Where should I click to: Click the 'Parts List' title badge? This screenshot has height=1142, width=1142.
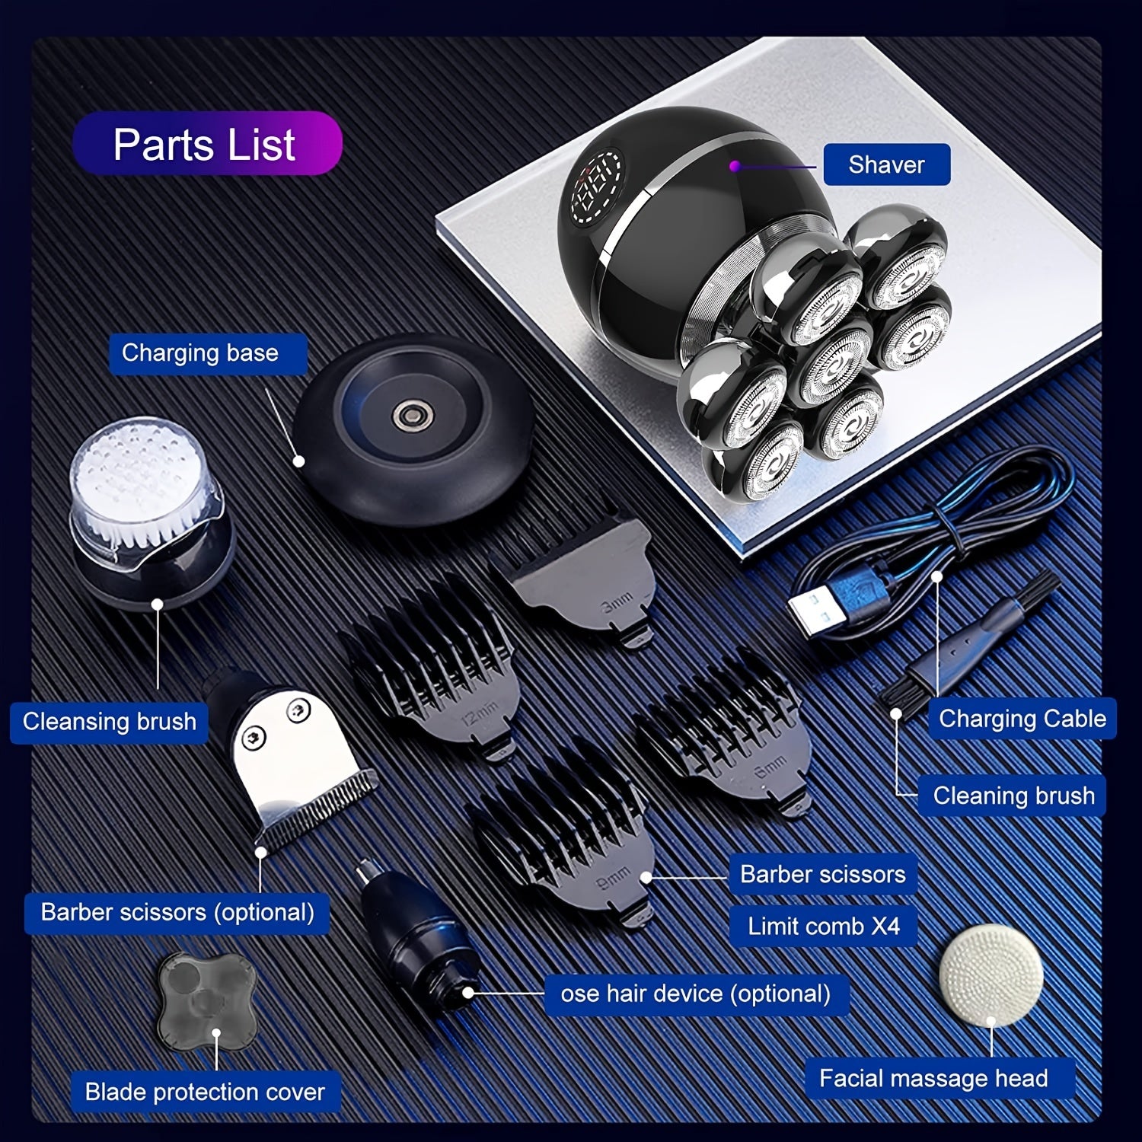coord(207,144)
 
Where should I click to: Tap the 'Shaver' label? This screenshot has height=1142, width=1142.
coord(887,164)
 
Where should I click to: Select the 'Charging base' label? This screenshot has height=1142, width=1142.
coord(200,353)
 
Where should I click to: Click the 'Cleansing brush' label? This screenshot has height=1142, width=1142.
coord(110,722)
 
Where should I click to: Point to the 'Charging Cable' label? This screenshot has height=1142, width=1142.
coord(1022,719)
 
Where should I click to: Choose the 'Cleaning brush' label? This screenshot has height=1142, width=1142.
coord(1013,796)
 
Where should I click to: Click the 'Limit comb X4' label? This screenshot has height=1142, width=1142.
coord(824,926)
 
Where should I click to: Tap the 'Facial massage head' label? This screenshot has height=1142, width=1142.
coord(933,1078)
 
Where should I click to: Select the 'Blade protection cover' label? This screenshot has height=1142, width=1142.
coord(205,1092)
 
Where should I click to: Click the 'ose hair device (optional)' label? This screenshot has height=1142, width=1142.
coord(696,994)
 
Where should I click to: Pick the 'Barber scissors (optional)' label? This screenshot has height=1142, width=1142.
coord(177,912)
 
